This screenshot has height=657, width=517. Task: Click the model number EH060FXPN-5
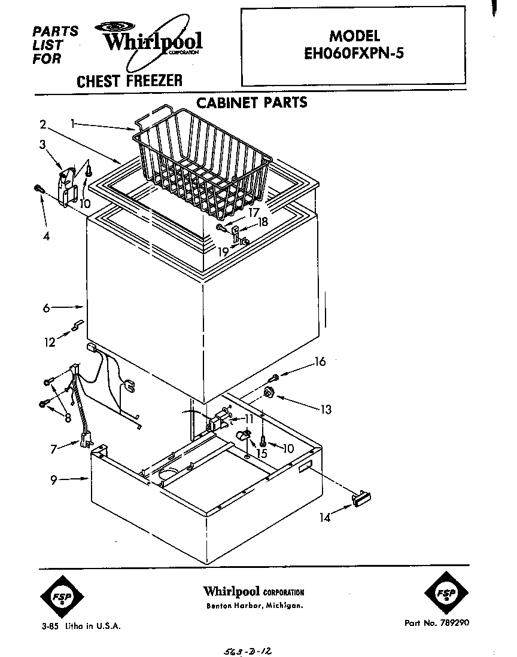tap(354, 53)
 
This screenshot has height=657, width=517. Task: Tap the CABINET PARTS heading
tap(252, 102)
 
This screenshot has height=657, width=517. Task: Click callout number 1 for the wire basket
tap(73, 123)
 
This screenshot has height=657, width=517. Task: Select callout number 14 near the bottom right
tap(324, 518)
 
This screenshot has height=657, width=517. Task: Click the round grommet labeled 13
tap(269, 392)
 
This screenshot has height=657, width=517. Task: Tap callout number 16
tap(320, 361)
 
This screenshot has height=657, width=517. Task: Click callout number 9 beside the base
tap(53, 479)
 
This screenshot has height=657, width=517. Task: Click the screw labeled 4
tap(38, 189)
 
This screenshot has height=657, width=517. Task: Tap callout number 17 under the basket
tap(254, 212)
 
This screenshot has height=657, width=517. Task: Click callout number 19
tap(223, 252)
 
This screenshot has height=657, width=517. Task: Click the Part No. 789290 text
tap(437, 622)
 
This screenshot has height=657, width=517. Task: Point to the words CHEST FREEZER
tap(129, 81)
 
